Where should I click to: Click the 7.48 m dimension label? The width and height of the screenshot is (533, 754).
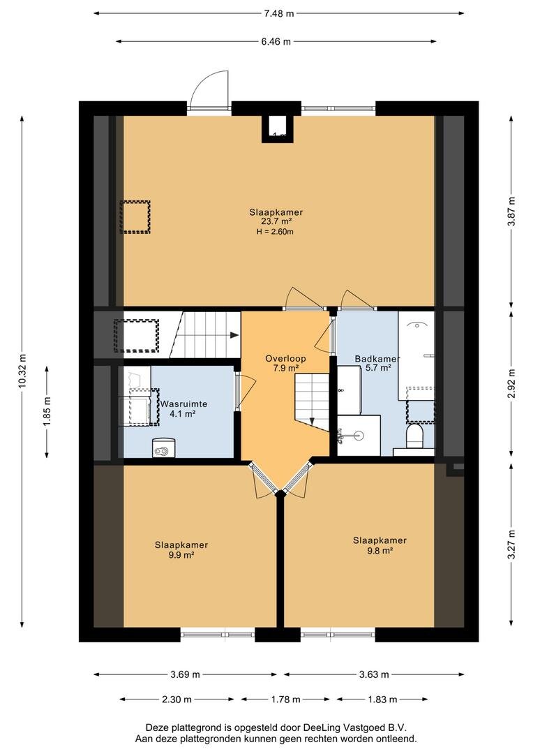point(278,13)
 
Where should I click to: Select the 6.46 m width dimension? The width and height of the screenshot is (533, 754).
point(276,41)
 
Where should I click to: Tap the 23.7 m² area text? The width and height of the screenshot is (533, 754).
point(276,222)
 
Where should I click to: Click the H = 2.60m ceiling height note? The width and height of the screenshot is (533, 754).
point(275,231)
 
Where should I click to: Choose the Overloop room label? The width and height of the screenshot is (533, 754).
point(285,359)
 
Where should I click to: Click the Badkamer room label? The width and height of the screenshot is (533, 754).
point(377,359)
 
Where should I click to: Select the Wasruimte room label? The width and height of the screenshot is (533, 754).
point(183,404)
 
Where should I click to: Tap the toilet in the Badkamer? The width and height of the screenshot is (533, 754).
point(414,435)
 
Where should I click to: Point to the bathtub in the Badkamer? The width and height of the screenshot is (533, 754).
point(416,355)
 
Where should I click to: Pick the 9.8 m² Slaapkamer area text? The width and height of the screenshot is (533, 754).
point(380,551)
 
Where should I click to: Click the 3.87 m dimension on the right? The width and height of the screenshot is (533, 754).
point(511,212)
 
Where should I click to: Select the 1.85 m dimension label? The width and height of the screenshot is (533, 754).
point(47,411)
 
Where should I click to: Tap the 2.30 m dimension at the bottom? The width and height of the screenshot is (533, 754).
point(177,699)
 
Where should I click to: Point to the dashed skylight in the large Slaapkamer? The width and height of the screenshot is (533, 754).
point(135,217)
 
